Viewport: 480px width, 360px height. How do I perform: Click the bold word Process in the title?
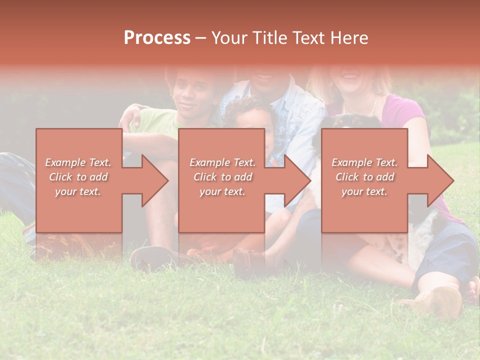coord(157,38)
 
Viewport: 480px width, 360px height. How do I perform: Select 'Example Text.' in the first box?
coord(78,162)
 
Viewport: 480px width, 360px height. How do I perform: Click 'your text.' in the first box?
coord(78,191)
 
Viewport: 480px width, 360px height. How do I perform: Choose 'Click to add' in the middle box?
coord(222,177)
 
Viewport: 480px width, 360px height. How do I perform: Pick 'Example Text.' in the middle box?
coord(222,162)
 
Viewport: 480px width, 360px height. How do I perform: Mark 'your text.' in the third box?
coord(364,191)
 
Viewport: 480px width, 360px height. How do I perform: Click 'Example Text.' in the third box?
coord(364,162)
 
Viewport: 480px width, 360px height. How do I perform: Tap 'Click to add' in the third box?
coord(364,177)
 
